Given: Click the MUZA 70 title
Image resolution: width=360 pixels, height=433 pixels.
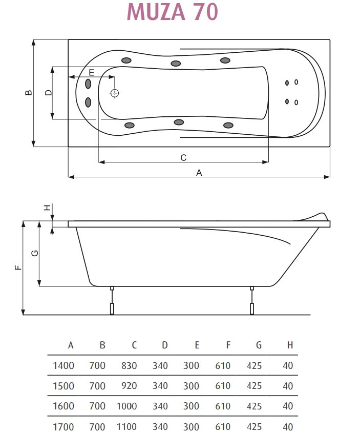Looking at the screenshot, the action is (173, 12).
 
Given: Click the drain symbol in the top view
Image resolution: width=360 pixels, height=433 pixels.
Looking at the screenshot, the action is (115, 93).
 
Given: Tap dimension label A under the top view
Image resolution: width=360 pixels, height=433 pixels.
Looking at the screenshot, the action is (199, 173).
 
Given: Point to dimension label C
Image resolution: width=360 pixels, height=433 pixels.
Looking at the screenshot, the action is (183, 158).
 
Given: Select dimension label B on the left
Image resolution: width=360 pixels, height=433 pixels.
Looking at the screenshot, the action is (28, 93).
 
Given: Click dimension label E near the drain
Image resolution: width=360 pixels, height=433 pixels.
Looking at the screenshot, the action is (92, 73).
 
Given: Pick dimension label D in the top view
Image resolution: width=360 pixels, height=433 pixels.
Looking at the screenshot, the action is (48, 93).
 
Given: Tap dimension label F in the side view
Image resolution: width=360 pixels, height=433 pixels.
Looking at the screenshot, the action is (18, 267).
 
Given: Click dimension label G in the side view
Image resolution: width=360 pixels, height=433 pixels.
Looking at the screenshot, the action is (35, 253).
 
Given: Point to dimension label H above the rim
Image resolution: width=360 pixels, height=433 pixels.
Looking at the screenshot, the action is (48, 208).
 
